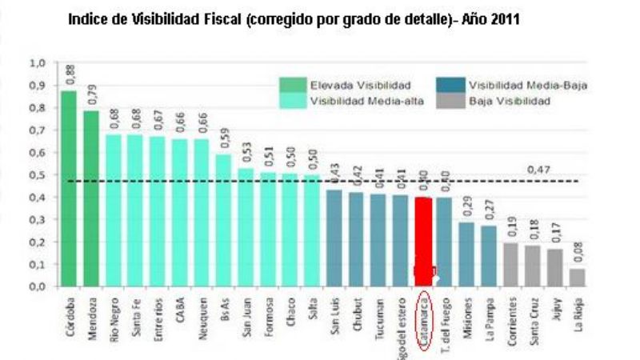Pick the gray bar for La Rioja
click(x=577, y=277)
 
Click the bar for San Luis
click(x=335, y=238)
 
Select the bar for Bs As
click(x=224, y=220)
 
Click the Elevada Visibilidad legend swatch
click(x=293, y=85)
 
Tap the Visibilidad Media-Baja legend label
click(x=528, y=85)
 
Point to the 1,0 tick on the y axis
click(x=38, y=62)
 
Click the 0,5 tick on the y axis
click(x=38, y=174)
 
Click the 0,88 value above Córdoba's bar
click(x=70, y=74)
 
